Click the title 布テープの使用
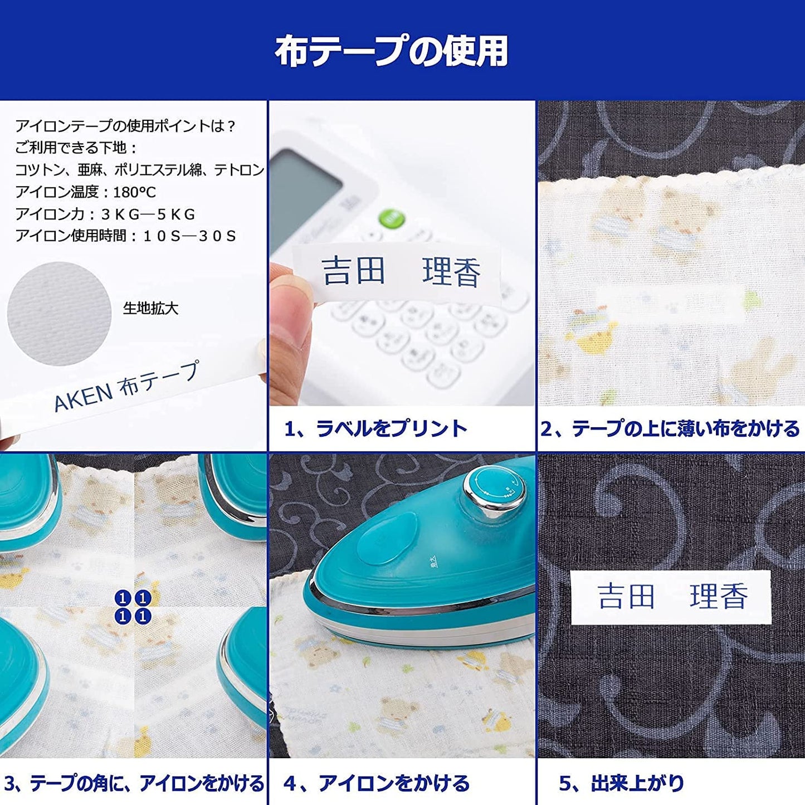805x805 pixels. click(391, 51)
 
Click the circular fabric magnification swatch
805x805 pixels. click(59, 314)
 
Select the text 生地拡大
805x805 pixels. click(150, 308)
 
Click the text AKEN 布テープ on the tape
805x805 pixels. click(126, 385)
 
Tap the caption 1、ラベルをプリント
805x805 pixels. click(375, 428)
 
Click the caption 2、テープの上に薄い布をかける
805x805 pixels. click(670, 428)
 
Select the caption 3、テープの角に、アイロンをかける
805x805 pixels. click(133, 783)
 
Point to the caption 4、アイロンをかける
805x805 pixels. click(376, 783)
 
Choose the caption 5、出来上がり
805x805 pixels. click(621, 783)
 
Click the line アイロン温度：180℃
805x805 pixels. click(86, 192)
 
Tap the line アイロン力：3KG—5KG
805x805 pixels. click(105, 214)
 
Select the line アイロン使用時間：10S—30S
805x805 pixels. click(126, 236)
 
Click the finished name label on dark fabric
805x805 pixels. click(671, 597)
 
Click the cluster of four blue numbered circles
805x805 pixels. click(133, 607)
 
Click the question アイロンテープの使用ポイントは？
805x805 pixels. click(126, 126)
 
